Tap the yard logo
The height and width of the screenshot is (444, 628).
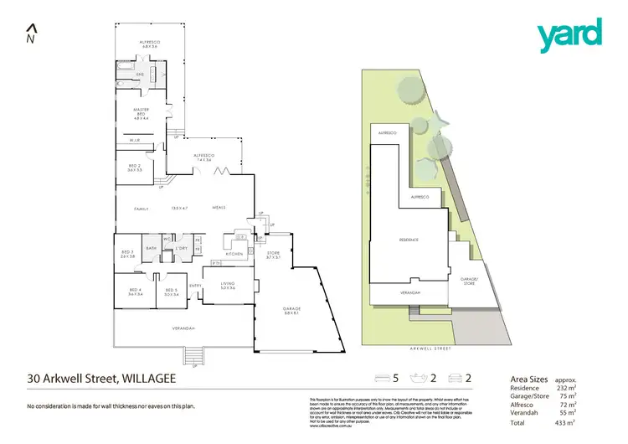tap(569, 34)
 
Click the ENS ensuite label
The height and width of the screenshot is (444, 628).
tap(141, 75)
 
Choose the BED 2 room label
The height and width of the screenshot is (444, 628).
tap(135, 168)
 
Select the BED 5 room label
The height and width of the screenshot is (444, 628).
tap(172, 293)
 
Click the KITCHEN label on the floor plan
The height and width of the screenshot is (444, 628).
tap(234, 253)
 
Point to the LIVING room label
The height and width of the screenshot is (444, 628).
tap(228, 286)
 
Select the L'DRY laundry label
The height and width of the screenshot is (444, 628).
tap(181, 249)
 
